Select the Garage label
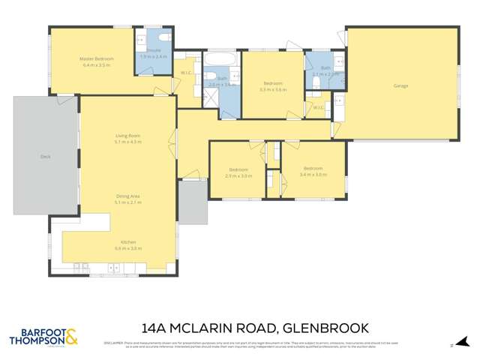[x=401, y=85]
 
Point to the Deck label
[x=45, y=157]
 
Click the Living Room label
[x=127, y=136]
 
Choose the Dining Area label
[x=127, y=196]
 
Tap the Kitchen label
[x=128, y=242]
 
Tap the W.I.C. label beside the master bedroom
[x=185, y=72]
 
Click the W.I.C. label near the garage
[x=318, y=107]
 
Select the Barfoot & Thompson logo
[x=43, y=335]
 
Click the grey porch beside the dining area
[x=192, y=202]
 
